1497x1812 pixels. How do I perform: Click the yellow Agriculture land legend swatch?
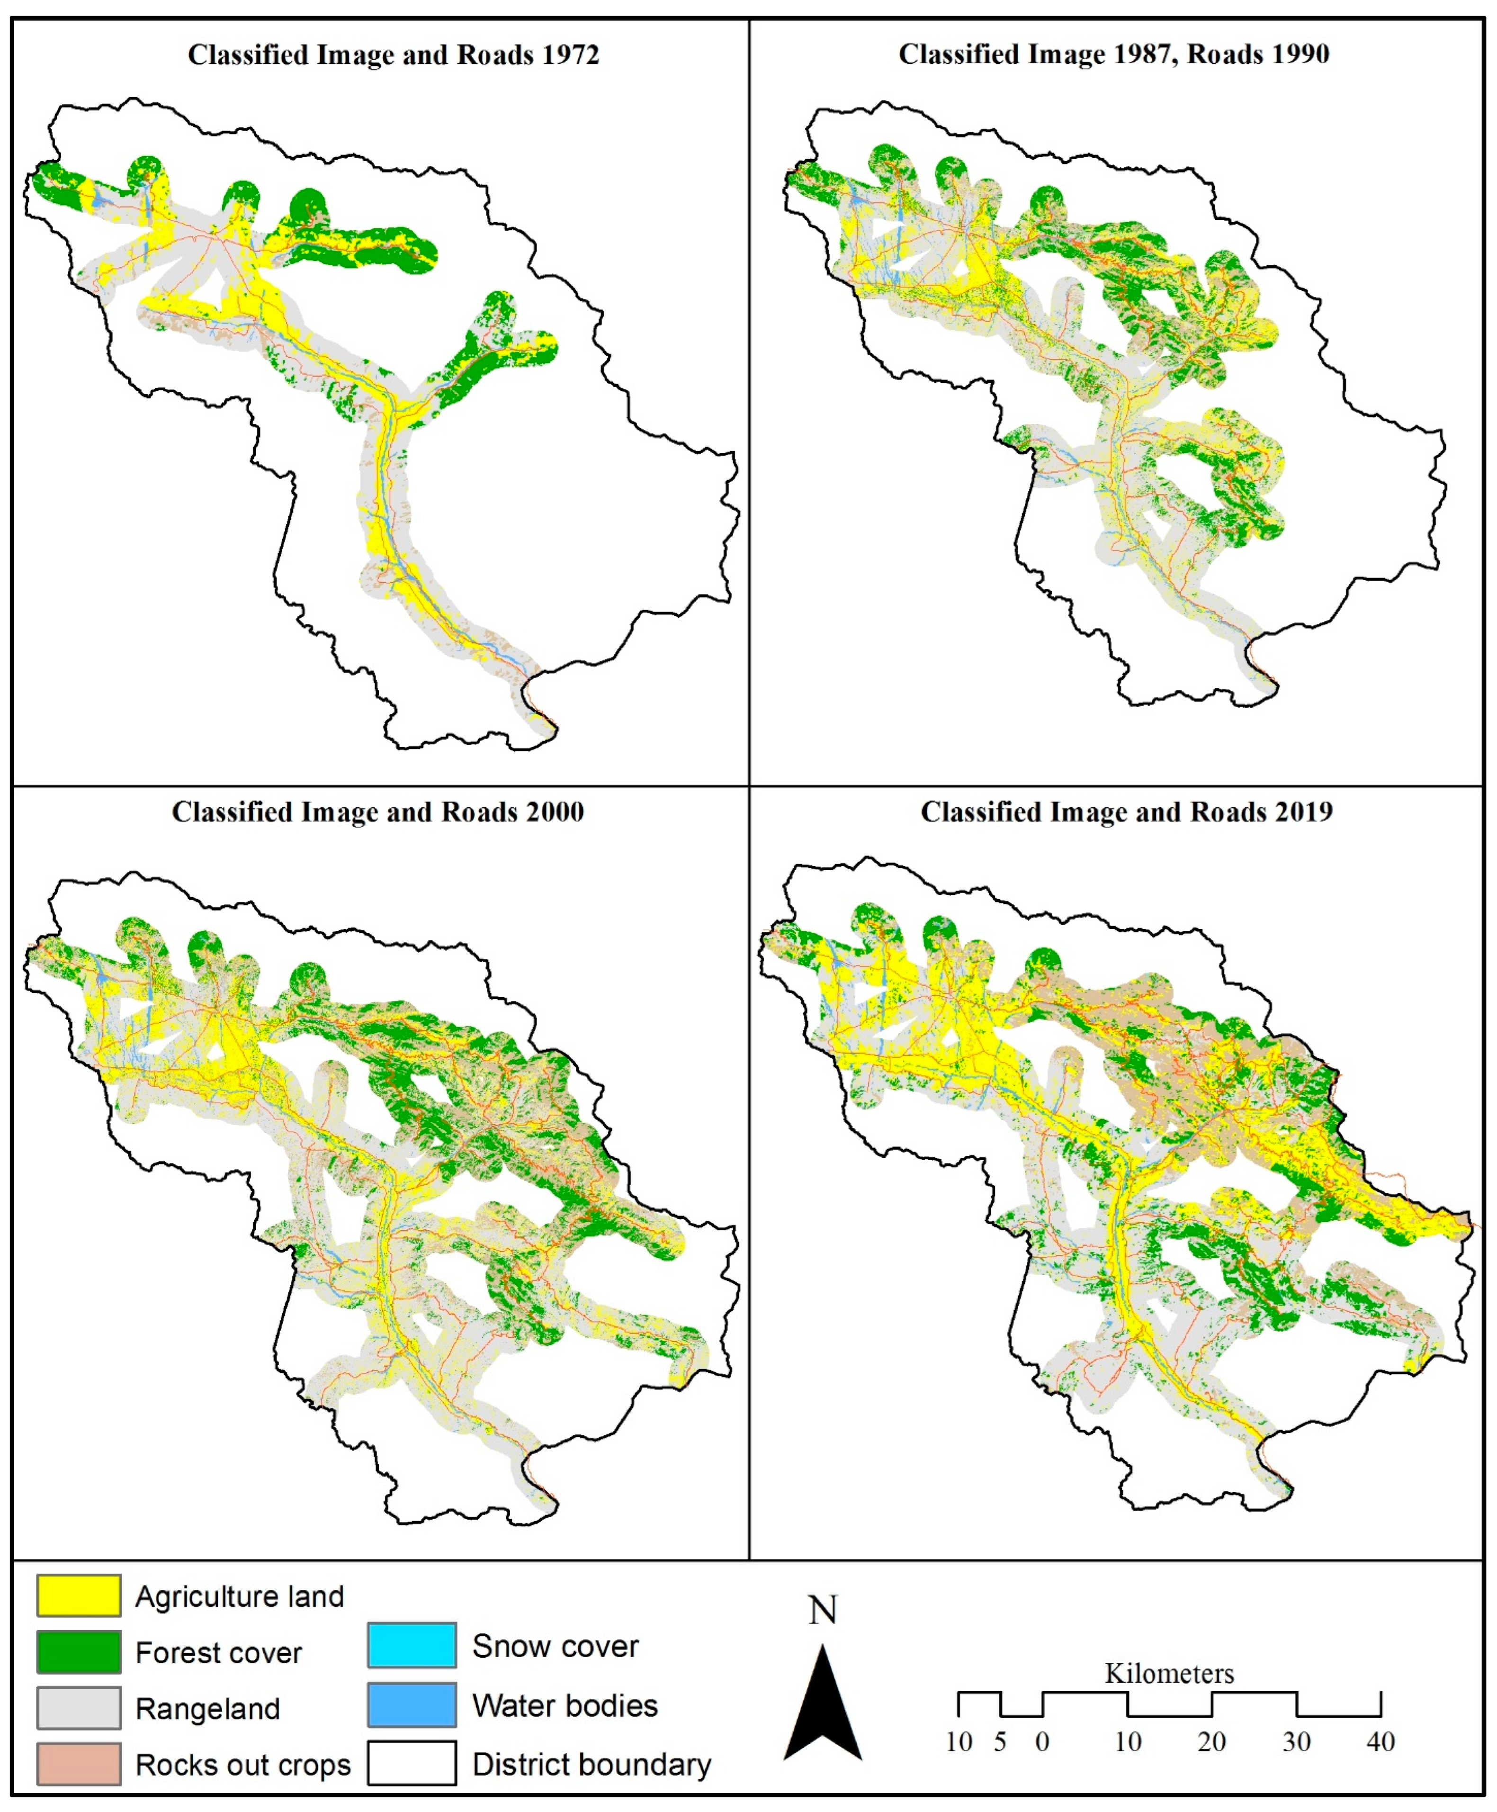(x=79, y=1596)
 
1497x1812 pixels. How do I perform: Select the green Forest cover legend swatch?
(x=79, y=1651)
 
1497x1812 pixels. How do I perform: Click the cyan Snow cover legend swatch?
(x=412, y=1645)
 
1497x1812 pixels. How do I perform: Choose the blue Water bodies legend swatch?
(x=412, y=1704)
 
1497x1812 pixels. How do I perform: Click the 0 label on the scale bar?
(x=1042, y=1741)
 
